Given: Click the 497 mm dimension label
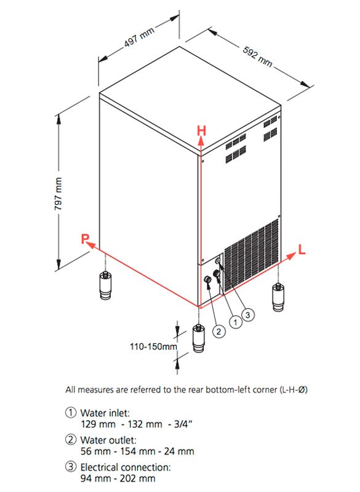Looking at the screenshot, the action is pyautogui.click(x=139, y=37).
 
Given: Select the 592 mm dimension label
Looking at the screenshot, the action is pyautogui.click(x=257, y=57).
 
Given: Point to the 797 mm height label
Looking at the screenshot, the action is pyautogui.click(x=58, y=194).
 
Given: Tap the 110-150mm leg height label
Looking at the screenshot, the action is pyautogui.click(x=153, y=346).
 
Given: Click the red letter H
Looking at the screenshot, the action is pyautogui.click(x=201, y=130).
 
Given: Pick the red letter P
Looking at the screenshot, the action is pyautogui.click(x=85, y=239).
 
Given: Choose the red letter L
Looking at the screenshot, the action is pyautogui.click(x=302, y=250).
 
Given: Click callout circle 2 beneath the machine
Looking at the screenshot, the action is pyautogui.click(x=218, y=331).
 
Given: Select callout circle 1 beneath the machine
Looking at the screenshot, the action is pyautogui.click(x=236, y=322).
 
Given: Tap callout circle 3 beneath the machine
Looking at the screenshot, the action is pyautogui.click(x=248, y=314).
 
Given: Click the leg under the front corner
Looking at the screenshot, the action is pyautogui.click(x=198, y=338).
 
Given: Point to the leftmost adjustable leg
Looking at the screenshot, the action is pyautogui.click(x=105, y=285).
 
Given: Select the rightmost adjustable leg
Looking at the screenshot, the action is pyautogui.click(x=278, y=297).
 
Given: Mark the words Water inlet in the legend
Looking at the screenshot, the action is pyautogui.click(x=105, y=412).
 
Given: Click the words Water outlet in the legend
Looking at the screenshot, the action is pyautogui.click(x=108, y=440).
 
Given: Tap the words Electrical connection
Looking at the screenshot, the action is pyautogui.click(x=126, y=467).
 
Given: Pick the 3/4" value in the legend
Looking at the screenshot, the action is pyautogui.click(x=183, y=424).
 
